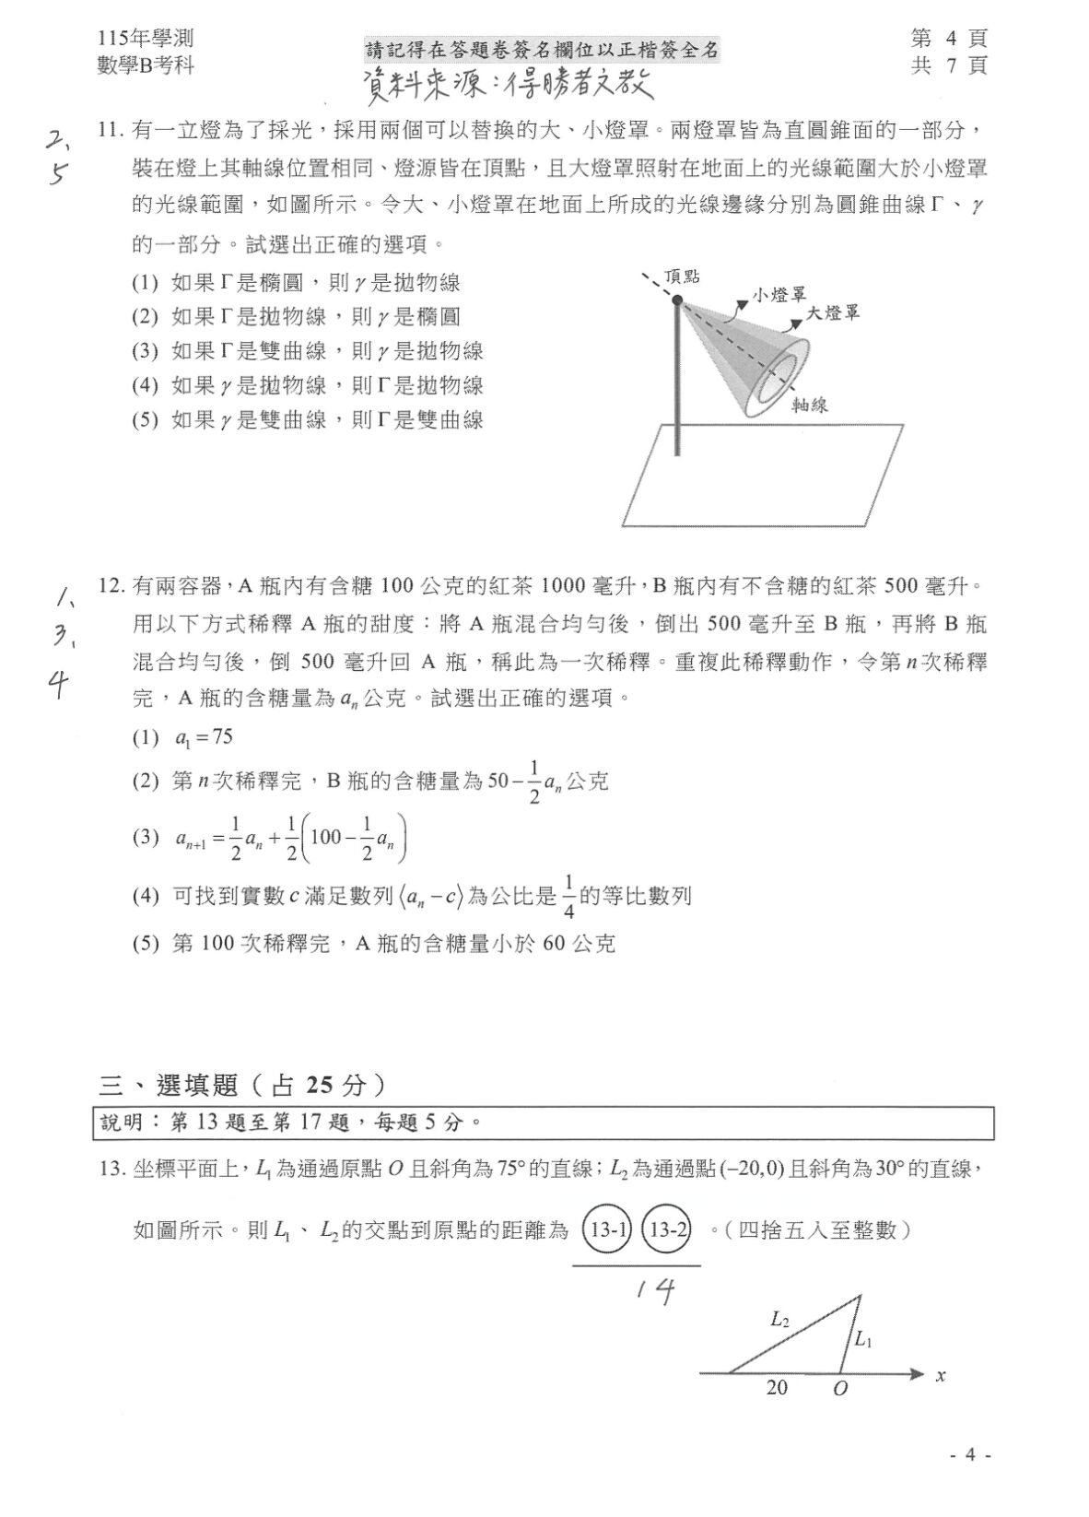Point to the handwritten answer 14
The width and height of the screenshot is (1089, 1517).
tap(655, 1292)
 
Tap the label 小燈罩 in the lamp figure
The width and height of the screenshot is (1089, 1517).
tap(779, 295)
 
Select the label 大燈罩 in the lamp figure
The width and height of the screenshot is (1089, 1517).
tap(833, 313)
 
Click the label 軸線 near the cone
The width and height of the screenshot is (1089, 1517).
tap(810, 405)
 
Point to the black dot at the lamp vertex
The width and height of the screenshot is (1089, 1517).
tap(677, 300)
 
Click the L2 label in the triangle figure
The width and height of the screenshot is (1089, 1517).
tap(779, 1321)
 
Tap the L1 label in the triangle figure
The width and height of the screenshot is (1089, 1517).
tap(863, 1340)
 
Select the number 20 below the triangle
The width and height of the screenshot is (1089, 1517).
tap(777, 1387)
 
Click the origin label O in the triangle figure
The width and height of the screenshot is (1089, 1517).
tap(839, 1388)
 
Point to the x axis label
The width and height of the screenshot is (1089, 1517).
tap(941, 1376)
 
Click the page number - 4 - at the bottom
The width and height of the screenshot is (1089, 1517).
tap(970, 1455)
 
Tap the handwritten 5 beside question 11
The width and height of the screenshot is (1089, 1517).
tap(59, 173)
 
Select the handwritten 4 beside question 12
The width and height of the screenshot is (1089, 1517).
tap(60, 685)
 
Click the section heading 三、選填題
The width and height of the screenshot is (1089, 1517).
tap(170, 1085)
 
